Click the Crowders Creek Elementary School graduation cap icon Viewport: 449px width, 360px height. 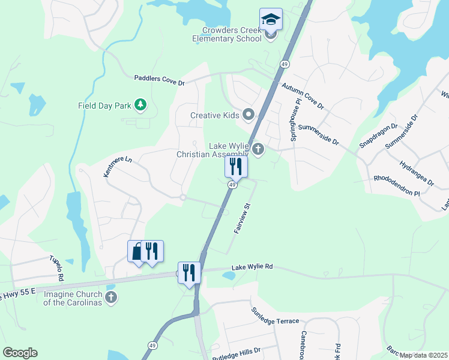point(271,19)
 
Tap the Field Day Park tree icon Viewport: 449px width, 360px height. point(140,106)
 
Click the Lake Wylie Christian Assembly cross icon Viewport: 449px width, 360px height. point(258,149)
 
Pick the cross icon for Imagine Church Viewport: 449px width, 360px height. point(110,298)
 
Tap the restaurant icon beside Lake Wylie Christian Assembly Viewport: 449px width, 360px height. point(236,166)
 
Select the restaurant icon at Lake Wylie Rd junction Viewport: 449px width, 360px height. point(189,272)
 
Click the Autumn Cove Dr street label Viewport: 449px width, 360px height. point(303,95)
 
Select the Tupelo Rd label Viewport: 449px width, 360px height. point(57,269)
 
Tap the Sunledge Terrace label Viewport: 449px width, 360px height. point(275,317)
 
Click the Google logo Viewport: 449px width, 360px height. point(20,353)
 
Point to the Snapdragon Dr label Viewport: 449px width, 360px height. point(378,136)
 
